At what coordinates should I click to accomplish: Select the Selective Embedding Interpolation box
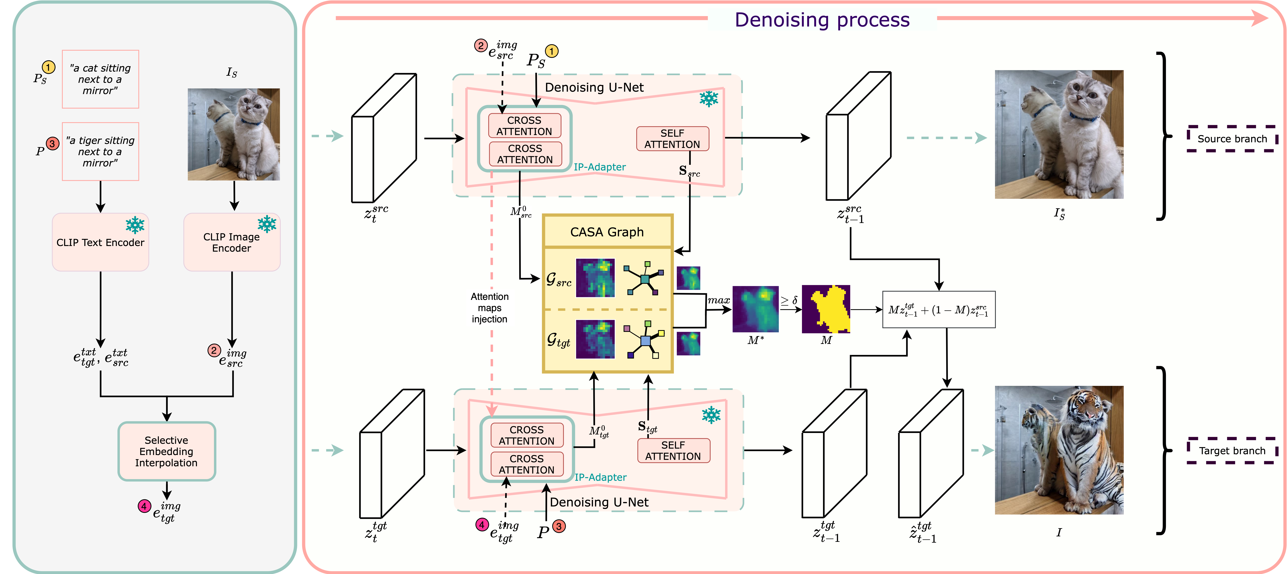coord(166,451)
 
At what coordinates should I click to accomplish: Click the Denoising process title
coord(822,20)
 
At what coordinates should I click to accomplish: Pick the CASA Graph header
coord(607,232)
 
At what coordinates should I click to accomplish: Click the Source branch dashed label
coord(1232,139)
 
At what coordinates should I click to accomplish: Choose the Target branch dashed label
coord(1232,451)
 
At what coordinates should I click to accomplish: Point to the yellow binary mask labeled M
coord(826,309)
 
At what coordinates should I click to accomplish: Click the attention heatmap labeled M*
coord(755,309)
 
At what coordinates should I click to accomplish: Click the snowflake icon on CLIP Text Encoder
coord(135,225)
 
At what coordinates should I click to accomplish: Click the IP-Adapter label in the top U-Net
coord(600,167)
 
